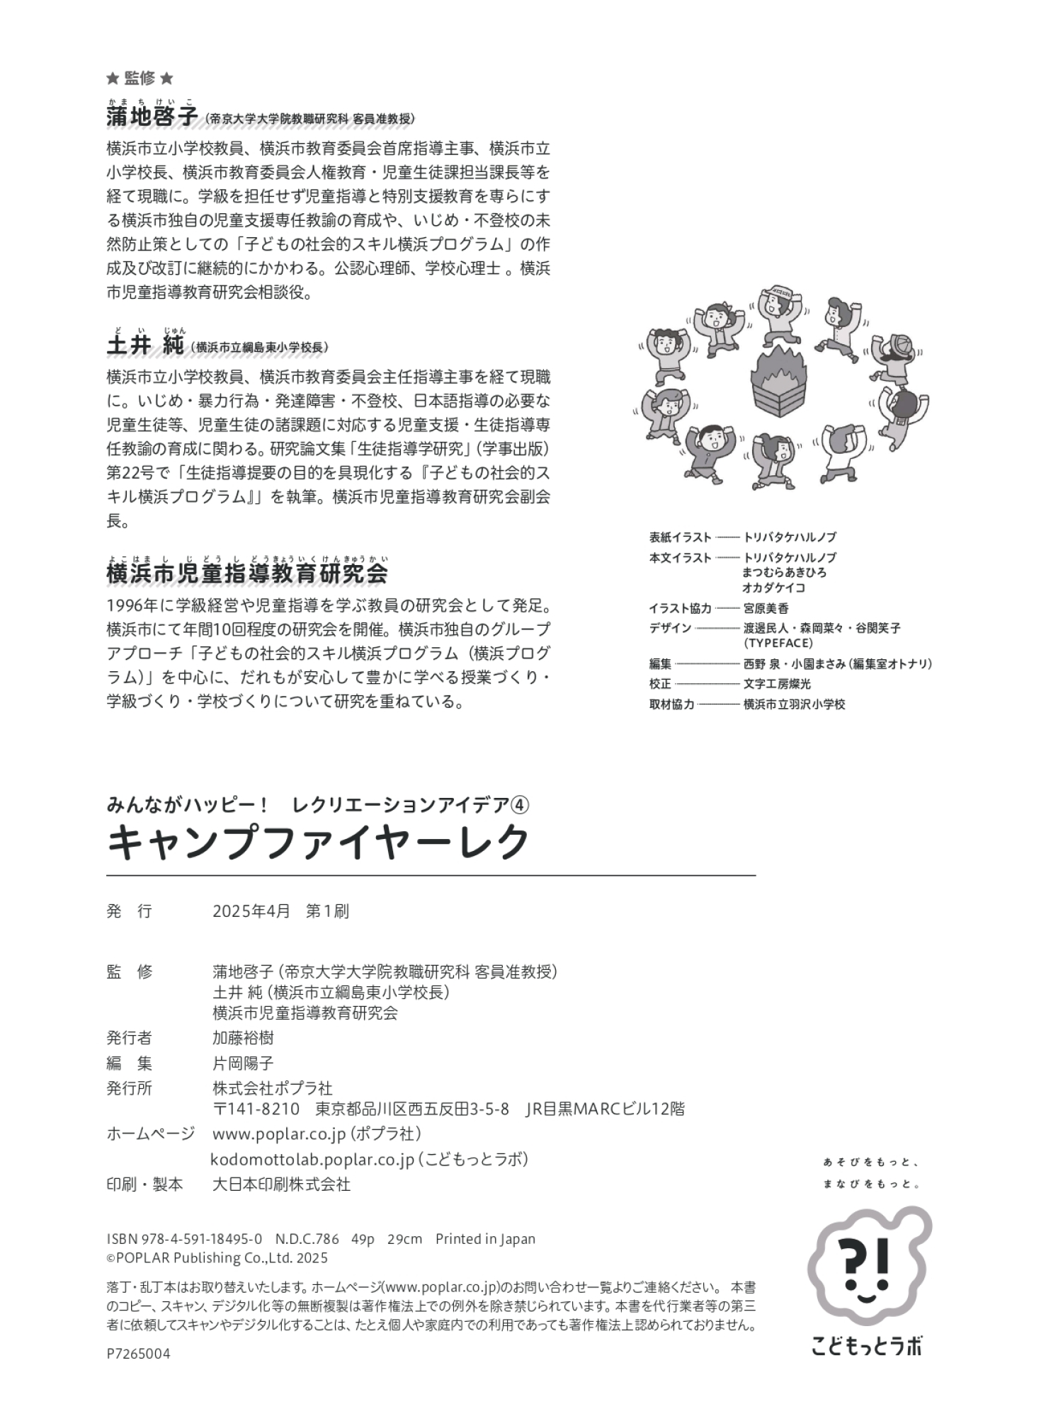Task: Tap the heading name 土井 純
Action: [x=145, y=346]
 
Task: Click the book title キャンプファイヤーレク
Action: [x=319, y=843]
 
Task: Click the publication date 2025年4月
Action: [x=251, y=911]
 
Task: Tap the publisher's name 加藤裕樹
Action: [x=243, y=1038]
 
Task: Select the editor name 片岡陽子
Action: [x=243, y=1063]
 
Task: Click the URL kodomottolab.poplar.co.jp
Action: [x=312, y=1159]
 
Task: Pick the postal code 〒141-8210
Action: [x=256, y=1109]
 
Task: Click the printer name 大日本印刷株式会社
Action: [x=281, y=1184]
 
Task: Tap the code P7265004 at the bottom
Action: [x=138, y=1354]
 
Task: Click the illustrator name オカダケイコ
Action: [x=773, y=588]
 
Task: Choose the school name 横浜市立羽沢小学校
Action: [x=794, y=704]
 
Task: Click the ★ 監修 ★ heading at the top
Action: [x=139, y=78]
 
